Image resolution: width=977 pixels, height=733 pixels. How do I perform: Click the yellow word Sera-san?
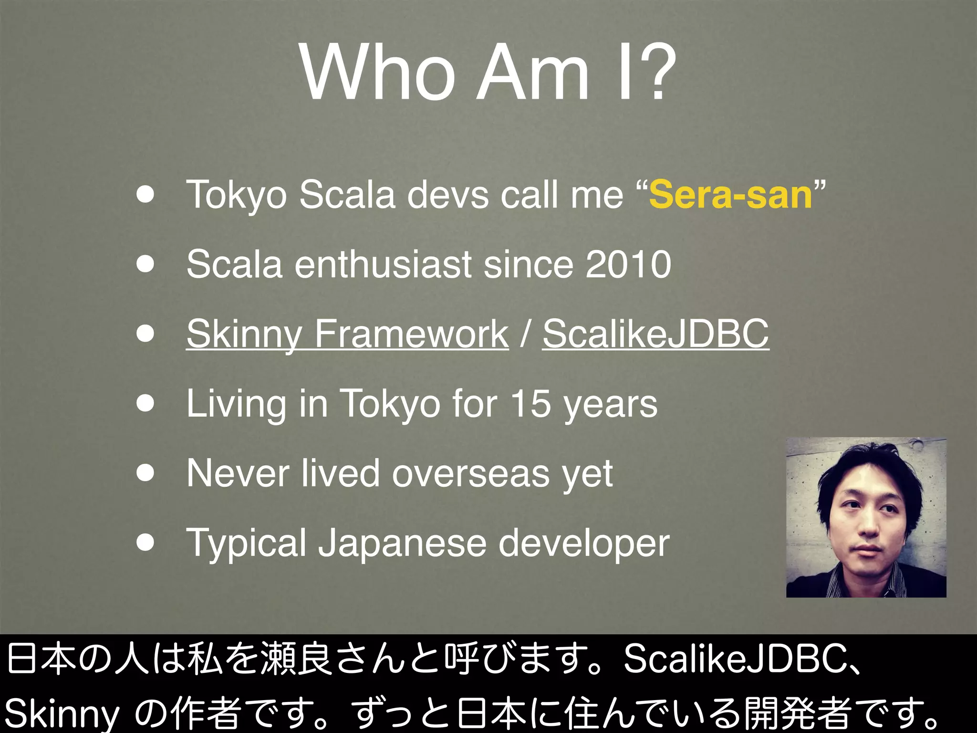tap(730, 195)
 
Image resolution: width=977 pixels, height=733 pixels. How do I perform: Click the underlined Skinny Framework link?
tap(347, 334)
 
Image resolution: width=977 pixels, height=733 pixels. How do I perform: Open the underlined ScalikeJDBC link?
tap(655, 334)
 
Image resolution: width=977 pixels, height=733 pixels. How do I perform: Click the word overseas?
tap(470, 473)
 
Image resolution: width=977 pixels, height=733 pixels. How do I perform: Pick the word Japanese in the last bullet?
tap(402, 543)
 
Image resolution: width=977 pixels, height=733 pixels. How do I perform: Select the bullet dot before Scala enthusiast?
tap(145, 264)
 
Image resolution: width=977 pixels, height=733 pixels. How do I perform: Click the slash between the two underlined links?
tap(525, 334)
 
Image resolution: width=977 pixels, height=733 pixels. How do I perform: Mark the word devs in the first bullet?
tap(447, 195)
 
